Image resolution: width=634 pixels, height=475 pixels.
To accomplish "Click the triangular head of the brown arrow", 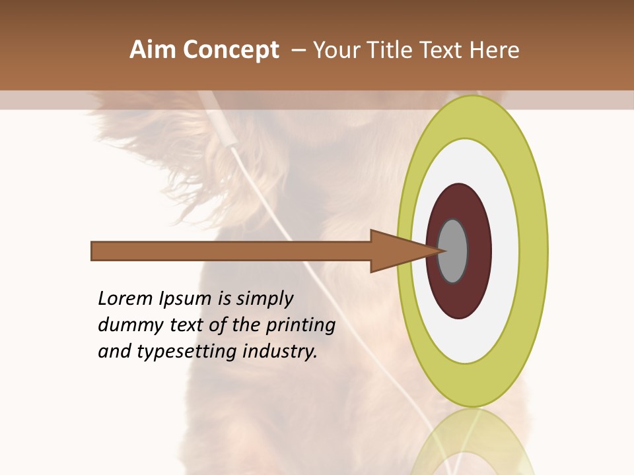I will pos(396,251).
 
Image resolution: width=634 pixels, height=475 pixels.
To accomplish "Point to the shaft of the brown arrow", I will pos(231,251).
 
